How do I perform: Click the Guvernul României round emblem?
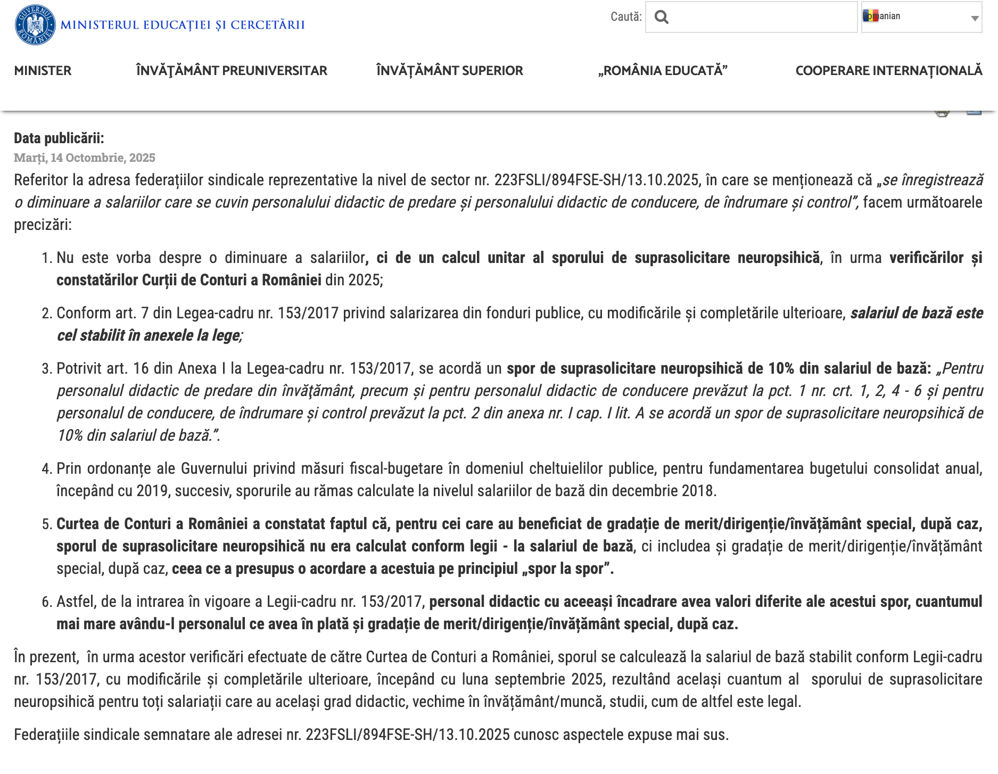tap(35, 25)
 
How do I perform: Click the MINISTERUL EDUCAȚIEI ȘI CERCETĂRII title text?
tap(183, 25)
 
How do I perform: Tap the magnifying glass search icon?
tap(662, 17)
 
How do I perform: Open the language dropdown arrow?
tap(975, 18)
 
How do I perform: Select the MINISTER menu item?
tap(43, 70)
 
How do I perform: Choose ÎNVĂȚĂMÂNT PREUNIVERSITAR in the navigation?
tap(232, 70)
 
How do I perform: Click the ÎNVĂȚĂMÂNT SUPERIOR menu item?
tap(449, 70)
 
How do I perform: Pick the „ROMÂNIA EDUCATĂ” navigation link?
tap(662, 70)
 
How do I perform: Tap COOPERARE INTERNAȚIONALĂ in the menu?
tap(888, 70)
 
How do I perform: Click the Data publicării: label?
tap(59, 138)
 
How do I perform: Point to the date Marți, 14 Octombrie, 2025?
tap(85, 158)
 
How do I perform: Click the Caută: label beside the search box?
tap(626, 17)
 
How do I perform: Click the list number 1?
tap(46, 258)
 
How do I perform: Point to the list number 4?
tap(46, 469)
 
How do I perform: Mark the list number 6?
tap(46, 602)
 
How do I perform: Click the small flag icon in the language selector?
tap(870, 16)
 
